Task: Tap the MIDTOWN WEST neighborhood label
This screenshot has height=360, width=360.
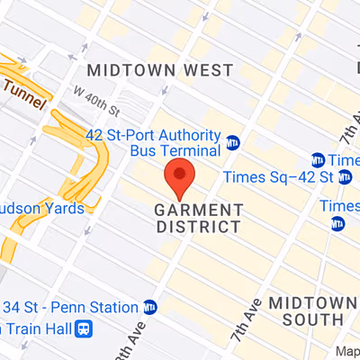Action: coord(159,70)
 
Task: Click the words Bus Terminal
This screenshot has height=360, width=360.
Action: coord(175,150)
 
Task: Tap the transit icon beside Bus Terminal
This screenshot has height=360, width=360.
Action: coord(233,143)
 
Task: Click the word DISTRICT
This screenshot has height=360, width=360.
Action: coord(198,227)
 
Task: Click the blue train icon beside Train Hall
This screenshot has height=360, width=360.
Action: coord(84,328)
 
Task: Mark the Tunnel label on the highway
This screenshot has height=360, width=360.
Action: coord(23,88)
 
